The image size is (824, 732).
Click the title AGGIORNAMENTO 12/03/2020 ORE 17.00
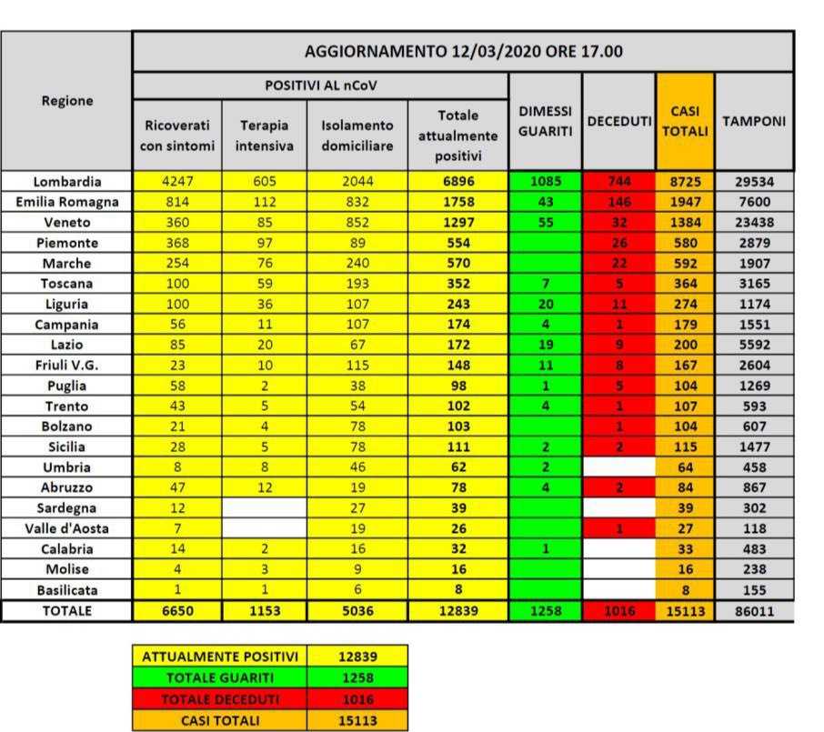click(x=463, y=52)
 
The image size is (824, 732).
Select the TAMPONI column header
click(x=754, y=121)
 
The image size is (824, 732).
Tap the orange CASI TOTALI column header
click(x=685, y=121)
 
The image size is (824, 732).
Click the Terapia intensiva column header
click(x=264, y=133)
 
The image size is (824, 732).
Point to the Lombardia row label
click(x=67, y=181)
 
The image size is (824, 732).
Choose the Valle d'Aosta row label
click(x=67, y=527)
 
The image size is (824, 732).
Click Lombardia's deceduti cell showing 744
click(x=618, y=181)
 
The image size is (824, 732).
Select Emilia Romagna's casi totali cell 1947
click(x=685, y=202)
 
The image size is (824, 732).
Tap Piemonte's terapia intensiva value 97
click(x=264, y=243)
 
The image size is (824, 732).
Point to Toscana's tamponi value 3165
click(x=754, y=284)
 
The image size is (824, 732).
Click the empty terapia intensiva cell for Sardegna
click(x=264, y=507)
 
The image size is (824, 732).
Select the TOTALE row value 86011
click(x=754, y=611)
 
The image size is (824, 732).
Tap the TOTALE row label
click(x=67, y=611)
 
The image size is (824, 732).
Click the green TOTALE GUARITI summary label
click(x=220, y=677)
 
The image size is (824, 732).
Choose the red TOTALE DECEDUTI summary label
click(x=220, y=699)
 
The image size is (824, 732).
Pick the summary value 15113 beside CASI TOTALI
click(x=357, y=721)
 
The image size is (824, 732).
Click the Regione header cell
click(x=67, y=101)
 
